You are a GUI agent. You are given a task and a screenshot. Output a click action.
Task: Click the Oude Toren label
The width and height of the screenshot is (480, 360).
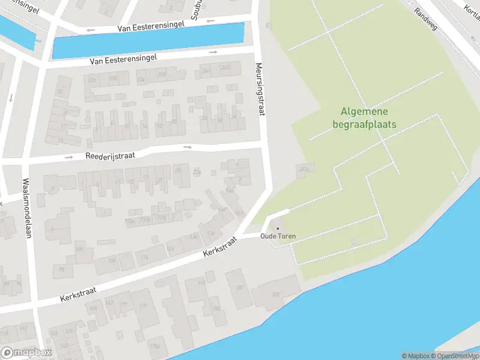tap(278, 236)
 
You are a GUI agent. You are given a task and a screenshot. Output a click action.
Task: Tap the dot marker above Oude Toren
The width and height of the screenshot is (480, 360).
tap(277, 229)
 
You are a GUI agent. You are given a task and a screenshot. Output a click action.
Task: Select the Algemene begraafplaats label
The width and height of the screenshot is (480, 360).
tap(364, 118)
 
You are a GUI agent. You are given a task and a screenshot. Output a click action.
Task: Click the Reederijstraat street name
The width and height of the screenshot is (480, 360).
tap(110, 155)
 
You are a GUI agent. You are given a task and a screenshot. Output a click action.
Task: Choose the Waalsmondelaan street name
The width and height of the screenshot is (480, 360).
tap(26, 208)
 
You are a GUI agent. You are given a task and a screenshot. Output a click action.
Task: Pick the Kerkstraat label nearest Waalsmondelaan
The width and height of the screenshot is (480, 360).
tap(77, 294)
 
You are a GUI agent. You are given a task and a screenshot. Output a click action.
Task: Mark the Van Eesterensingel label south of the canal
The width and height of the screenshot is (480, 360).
tap(123, 58)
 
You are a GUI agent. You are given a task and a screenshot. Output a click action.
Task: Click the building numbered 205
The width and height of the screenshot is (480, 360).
tap(275, 294)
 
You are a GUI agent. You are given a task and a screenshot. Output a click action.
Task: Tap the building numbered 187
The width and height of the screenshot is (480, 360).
tap(239, 288)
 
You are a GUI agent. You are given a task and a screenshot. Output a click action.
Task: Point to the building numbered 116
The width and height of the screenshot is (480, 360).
tap(144, 257)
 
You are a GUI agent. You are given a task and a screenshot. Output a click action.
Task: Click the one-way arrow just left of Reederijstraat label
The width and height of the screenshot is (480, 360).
tap(68, 157)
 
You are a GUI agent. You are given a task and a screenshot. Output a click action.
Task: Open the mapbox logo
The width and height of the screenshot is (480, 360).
tap(26, 353)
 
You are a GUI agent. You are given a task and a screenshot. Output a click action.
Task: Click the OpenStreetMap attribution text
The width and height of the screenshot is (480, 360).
tap(454, 356)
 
